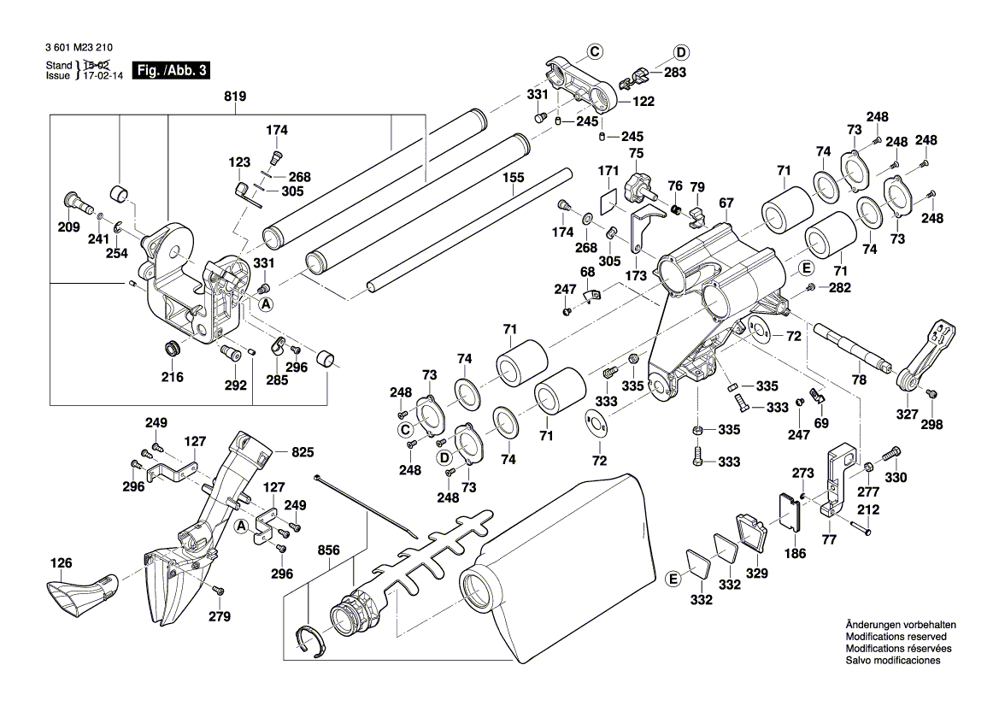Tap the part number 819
tap(235, 97)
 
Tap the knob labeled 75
tap(636, 185)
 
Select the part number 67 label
tap(726, 203)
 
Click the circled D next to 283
tap(681, 52)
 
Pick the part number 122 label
tap(643, 101)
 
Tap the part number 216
tap(173, 376)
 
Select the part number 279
tap(220, 616)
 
